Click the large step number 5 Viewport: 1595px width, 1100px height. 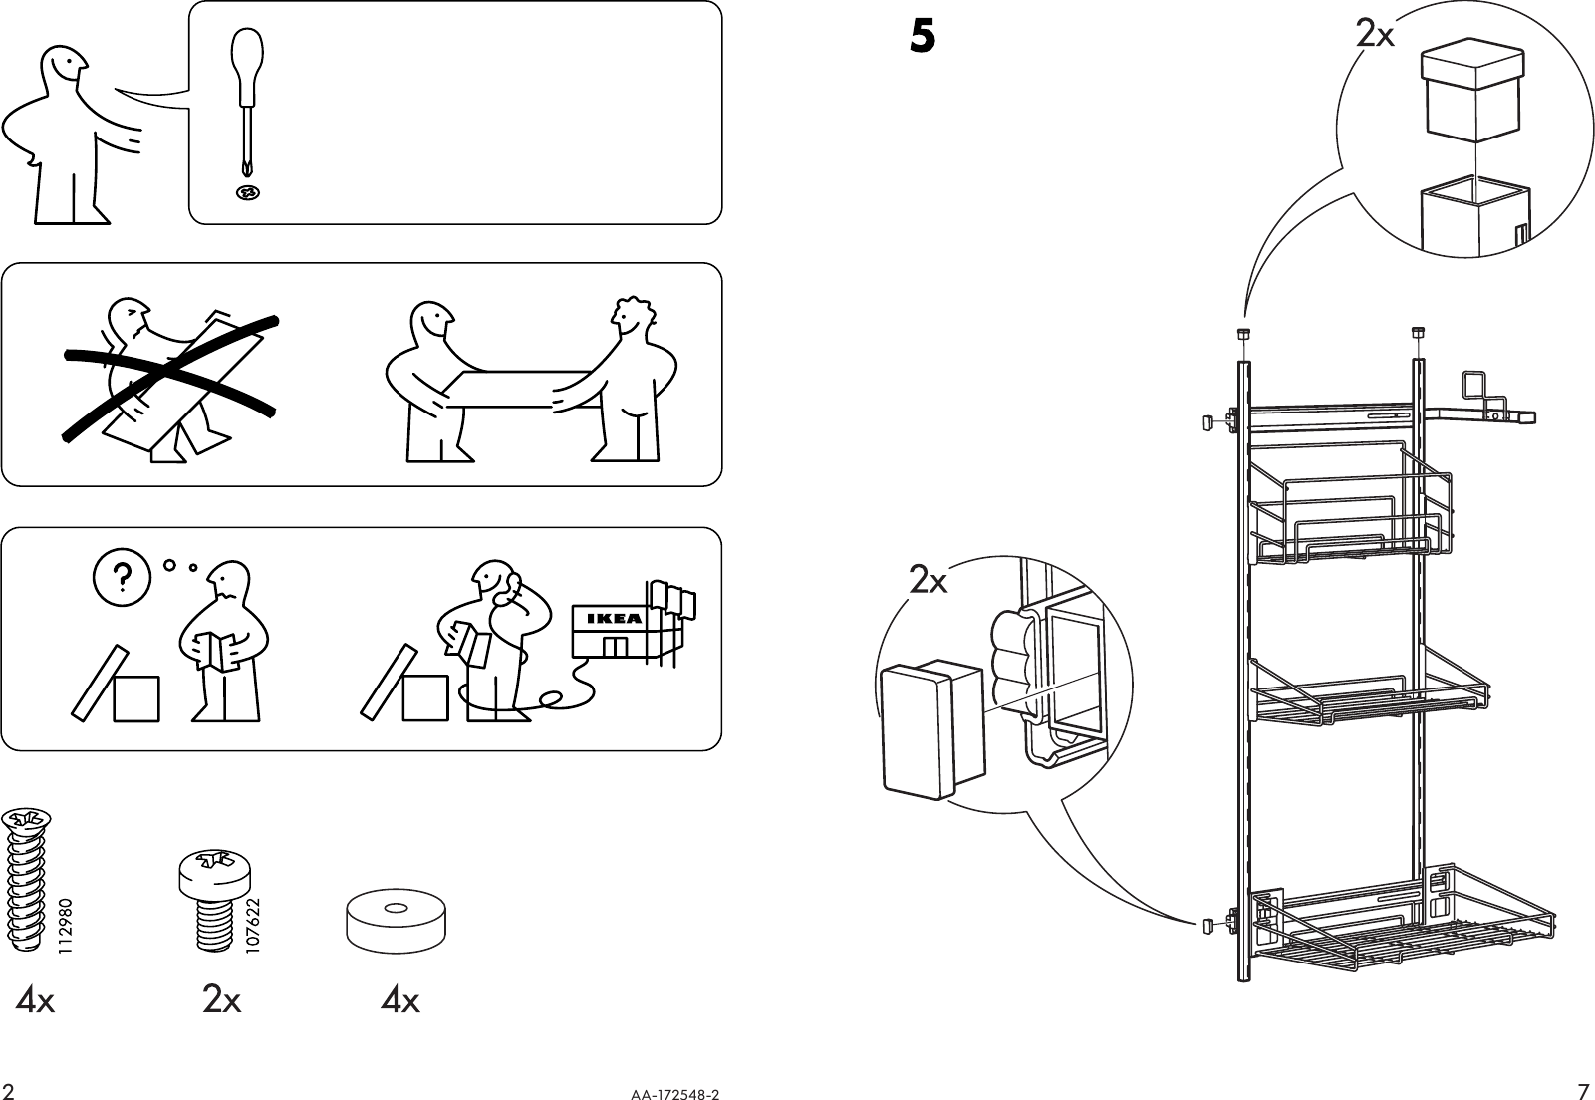point(923,38)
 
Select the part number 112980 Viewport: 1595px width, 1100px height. point(66,928)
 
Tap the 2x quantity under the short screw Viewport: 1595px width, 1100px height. point(221,1000)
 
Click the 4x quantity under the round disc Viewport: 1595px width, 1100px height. point(400,1000)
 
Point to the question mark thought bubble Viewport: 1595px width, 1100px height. point(121,576)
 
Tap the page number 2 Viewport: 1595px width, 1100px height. point(9,1089)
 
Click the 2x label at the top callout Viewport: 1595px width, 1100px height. point(1375,35)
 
